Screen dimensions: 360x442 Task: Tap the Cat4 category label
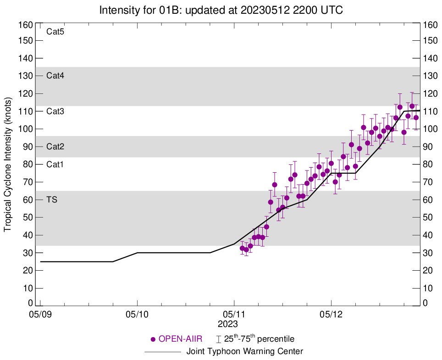click(x=55, y=76)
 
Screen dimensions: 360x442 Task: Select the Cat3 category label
click(x=55, y=111)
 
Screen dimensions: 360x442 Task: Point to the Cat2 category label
click(x=55, y=147)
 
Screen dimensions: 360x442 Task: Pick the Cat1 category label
click(x=55, y=164)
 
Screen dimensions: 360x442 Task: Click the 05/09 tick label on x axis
click(x=40, y=315)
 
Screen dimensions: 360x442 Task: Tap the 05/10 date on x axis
click(x=137, y=315)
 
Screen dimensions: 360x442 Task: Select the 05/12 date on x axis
click(x=331, y=315)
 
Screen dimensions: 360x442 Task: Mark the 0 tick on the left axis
click(x=31, y=303)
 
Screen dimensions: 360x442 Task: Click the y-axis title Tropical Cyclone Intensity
click(x=8, y=164)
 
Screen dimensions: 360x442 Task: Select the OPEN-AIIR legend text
click(x=181, y=339)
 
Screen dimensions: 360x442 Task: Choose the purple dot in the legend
click(x=153, y=339)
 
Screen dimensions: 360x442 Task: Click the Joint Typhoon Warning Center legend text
click(x=245, y=352)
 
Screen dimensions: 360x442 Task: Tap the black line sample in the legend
click(x=163, y=352)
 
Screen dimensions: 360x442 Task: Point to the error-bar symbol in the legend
click(x=219, y=339)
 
